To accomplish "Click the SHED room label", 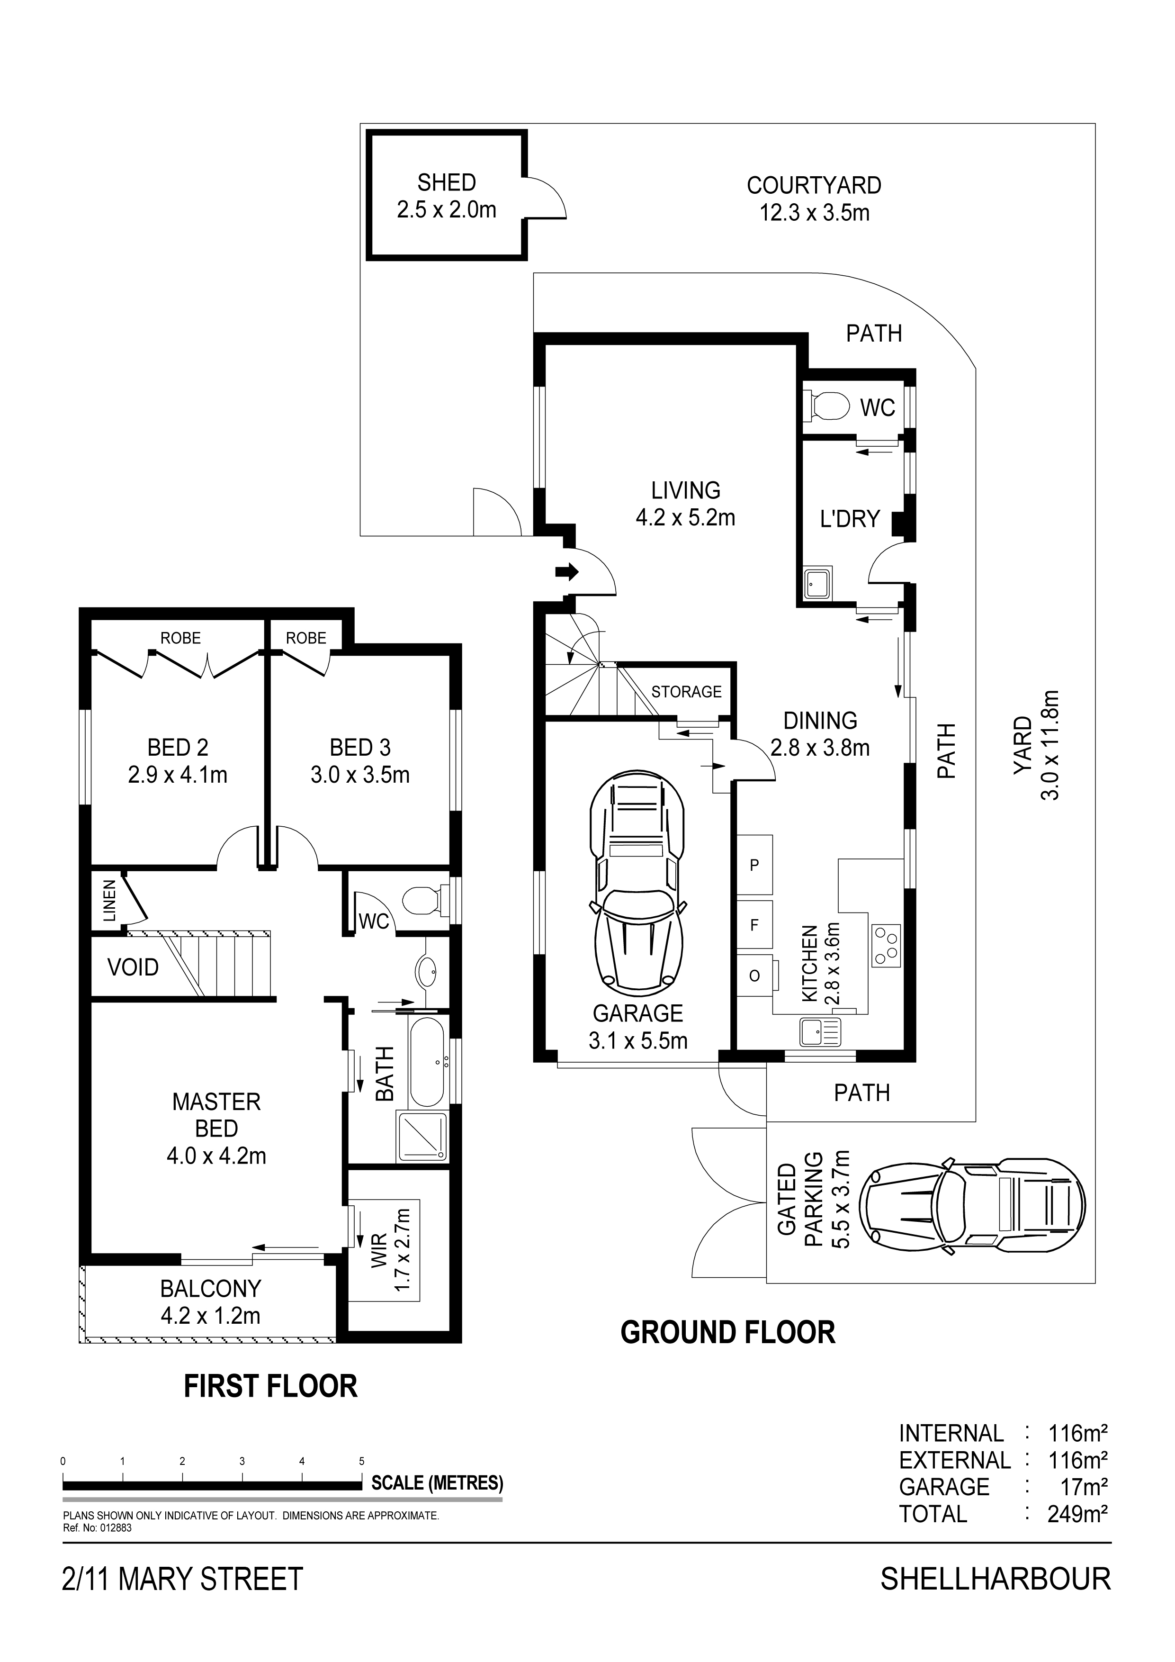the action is pyautogui.click(x=447, y=182).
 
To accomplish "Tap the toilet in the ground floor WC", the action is pyautogui.click(x=827, y=406).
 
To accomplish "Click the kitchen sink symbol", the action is pyautogui.click(x=820, y=1031).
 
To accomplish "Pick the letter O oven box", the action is pyautogui.click(x=754, y=976).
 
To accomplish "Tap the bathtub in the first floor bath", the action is pyautogui.click(x=429, y=1063).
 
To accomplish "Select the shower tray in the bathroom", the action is pyautogui.click(x=422, y=1138).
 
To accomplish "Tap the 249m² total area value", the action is pyautogui.click(x=1078, y=1514).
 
